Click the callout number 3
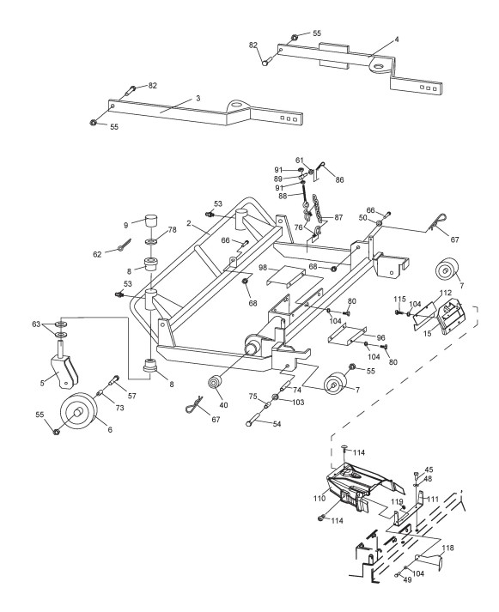point(198,99)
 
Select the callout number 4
point(397,39)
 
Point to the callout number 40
point(223,405)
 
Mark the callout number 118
point(447,548)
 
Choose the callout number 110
point(319,499)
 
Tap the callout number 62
point(97,254)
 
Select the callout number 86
point(339,180)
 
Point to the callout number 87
point(338,217)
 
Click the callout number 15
point(428,334)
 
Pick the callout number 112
point(446,293)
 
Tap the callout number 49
point(407,580)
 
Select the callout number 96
point(380,337)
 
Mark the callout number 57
point(132,396)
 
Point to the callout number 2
point(189,223)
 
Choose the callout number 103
point(298,402)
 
